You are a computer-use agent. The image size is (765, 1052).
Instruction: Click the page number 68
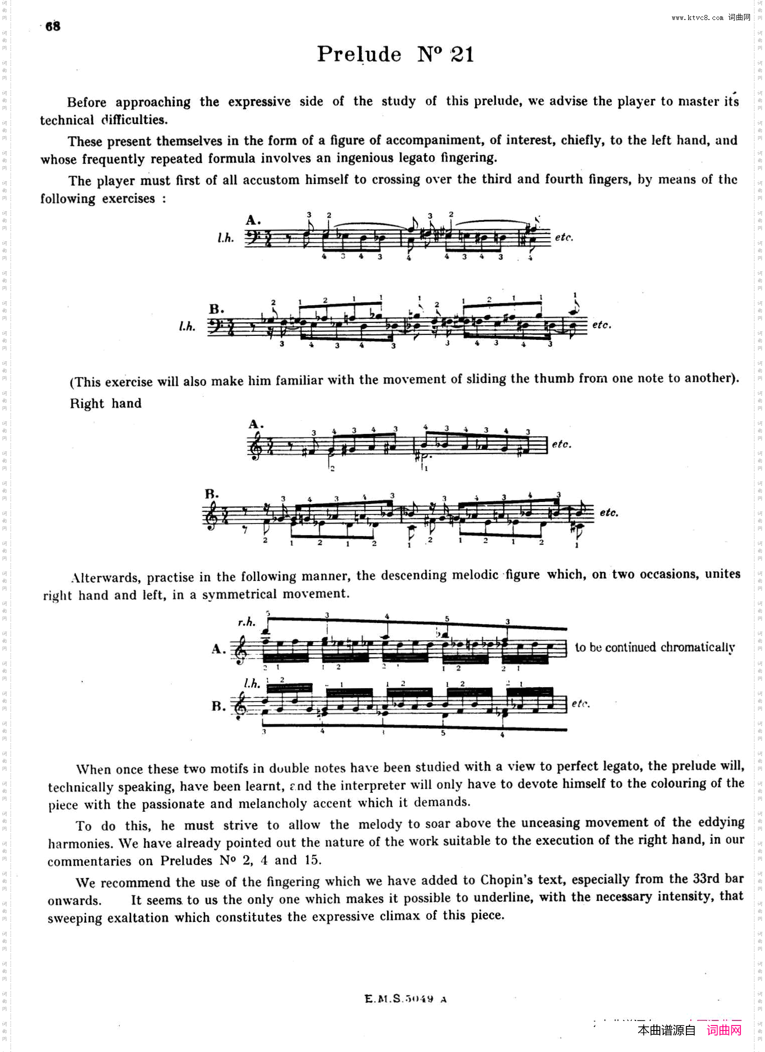(53, 26)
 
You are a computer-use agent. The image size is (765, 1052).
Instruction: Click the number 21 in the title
(462, 54)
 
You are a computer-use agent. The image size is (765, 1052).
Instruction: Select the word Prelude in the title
(359, 54)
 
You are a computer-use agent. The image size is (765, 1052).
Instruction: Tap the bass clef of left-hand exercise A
(252, 237)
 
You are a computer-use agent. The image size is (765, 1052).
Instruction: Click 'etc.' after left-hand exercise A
(564, 237)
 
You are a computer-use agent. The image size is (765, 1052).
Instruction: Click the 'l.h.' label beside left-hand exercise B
(187, 326)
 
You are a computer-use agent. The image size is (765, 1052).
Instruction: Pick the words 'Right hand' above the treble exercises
(106, 403)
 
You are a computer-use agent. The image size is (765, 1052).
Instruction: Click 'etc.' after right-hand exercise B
(609, 512)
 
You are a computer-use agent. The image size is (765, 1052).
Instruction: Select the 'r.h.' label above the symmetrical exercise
(246, 622)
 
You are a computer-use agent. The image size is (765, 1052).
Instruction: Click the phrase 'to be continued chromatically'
(655, 648)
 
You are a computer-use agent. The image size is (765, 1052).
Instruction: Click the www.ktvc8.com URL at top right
(697, 18)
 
